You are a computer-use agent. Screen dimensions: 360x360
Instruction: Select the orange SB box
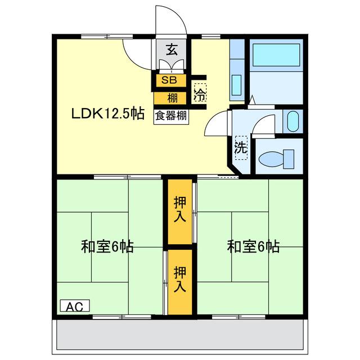point(169,80)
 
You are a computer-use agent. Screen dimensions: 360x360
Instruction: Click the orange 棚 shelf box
point(172,97)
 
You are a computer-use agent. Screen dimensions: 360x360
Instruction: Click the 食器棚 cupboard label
point(172,116)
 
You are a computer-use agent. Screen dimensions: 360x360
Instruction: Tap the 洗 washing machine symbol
point(241,148)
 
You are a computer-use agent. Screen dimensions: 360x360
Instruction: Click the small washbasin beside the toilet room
point(292,121)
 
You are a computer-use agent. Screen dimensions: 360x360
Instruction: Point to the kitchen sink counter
point(237,70)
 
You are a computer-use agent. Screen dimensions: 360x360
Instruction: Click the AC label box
point(74,307)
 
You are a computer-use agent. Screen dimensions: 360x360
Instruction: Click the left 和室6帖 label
point(107,246)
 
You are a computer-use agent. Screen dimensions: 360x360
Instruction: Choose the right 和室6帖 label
point(253,246)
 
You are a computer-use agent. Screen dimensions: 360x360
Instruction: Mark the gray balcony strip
point(180,335)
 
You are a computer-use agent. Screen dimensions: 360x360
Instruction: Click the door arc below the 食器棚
point(217,124)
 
